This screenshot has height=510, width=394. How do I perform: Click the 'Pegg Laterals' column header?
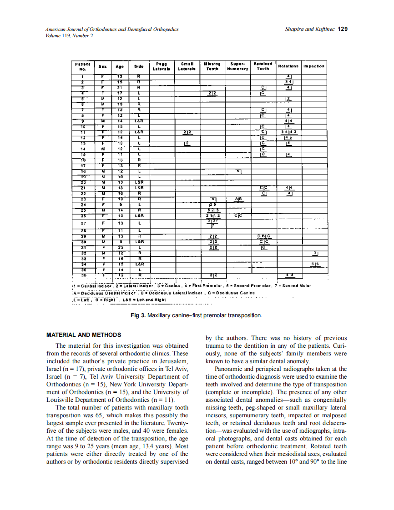[x=162, y=66]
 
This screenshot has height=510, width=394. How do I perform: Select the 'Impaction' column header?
[x=313, y=66]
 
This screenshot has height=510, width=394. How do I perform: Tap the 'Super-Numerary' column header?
[x=238, y=66]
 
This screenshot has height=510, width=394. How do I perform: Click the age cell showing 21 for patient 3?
[x=120, y=86]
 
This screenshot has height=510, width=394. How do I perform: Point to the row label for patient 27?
[x=83, y=223]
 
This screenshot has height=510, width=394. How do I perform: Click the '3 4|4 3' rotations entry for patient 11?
[x=289, y=131]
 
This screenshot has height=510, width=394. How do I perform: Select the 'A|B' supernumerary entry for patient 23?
[x=238, y=199]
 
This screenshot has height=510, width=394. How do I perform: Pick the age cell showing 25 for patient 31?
[x=120, y=247]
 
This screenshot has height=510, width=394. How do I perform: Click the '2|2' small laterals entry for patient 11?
[x=187, y=132]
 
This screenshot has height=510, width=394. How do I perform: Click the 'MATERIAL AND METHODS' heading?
[x=84, y=335]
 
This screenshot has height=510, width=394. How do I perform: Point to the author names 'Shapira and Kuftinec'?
[x=309, y=29]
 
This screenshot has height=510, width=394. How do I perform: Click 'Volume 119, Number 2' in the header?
[x=70, y=35]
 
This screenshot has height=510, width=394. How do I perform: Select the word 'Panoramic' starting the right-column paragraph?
[x=229, y=369]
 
